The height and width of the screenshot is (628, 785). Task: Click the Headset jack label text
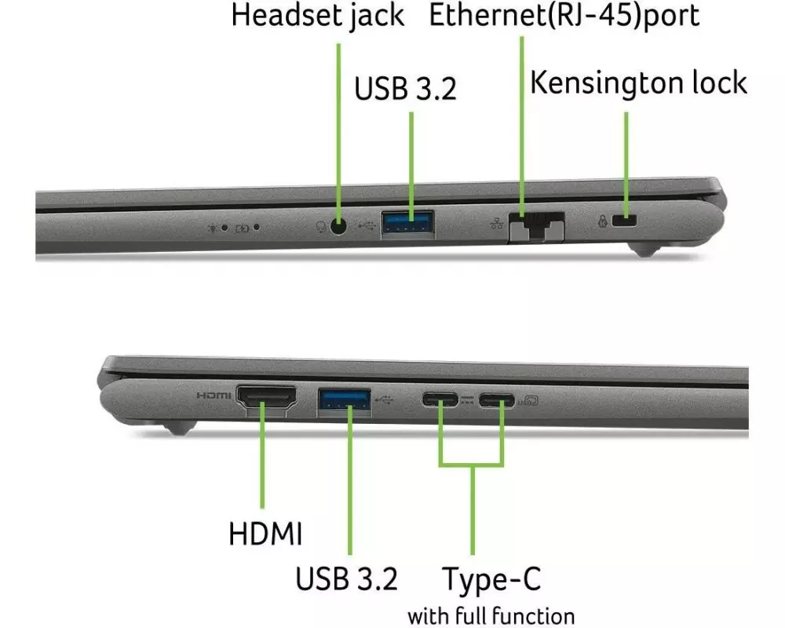pos(317,15)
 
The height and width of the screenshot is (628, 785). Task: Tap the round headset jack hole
pos(339,227)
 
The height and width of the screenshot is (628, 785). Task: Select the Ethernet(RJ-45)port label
pos(564,15)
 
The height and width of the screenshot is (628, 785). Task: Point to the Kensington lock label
pos(639,82)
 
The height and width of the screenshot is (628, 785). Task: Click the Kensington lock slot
pos(624,220)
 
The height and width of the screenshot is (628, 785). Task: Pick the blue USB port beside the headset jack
pos(407,224)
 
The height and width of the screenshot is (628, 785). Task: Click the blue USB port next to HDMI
pos(345,401)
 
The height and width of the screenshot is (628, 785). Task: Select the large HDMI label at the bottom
pos(265,533)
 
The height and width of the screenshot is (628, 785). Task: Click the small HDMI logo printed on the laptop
pos(214,396)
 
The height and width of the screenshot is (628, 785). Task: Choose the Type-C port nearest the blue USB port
pos(440,399)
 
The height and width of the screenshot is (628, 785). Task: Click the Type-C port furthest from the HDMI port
pos(496,400)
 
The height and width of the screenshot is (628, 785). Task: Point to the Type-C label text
pos(491,579)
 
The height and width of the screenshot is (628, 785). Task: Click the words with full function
pos(491,616)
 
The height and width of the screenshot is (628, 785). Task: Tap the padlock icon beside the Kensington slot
pos(603,221)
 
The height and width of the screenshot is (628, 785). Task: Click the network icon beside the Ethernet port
pos(497,224)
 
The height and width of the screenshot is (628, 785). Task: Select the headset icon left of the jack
pos(321,227)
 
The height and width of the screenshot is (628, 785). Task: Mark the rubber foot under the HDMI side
pos(180,428)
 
